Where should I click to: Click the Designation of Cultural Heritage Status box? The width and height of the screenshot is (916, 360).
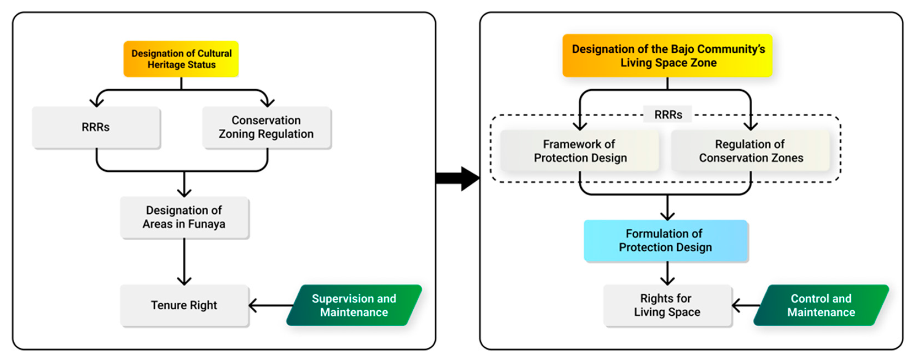[181, 59]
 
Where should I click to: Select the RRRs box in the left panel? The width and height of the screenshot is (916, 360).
[96, 127]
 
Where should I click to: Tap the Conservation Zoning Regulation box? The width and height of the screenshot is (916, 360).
[266, 127]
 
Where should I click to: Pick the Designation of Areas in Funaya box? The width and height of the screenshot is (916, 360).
[184, 217]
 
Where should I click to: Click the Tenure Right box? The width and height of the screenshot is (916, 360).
[184, 305]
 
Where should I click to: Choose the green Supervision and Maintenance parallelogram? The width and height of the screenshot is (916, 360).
[354, 305]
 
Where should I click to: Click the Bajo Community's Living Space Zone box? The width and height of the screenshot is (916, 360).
[667, 55]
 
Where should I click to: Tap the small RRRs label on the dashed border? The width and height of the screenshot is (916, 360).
[668, 115]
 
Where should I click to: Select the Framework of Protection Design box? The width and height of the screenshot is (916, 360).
[580, 151]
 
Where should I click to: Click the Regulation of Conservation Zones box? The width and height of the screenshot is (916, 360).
[750, 151]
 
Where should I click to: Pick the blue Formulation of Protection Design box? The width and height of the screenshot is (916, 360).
[666, 240]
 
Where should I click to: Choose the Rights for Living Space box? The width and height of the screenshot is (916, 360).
[667, 305]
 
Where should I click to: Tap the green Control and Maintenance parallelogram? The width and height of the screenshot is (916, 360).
[821, 305]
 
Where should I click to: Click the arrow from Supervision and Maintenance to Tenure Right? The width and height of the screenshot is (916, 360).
[270, 305]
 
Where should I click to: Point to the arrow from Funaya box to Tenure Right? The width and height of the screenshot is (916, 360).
[184, 262]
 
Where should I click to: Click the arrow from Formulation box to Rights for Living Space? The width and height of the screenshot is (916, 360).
[667, 273]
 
